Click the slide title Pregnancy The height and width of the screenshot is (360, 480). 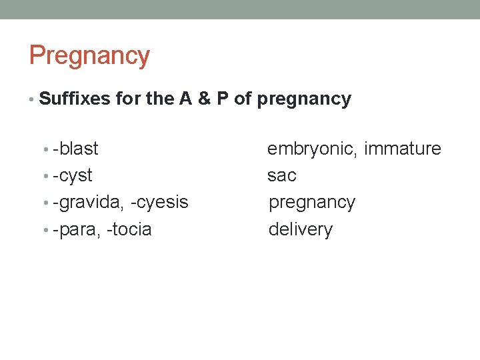89,56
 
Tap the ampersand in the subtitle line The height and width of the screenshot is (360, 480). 205,99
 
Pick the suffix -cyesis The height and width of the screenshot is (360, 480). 160,203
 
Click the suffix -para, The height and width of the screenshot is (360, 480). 77,230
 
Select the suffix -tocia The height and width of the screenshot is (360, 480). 129,230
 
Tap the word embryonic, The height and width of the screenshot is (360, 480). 312,149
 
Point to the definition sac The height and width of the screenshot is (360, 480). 281,176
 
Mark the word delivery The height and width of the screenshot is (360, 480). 300,230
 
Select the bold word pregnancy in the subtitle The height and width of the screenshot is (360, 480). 303,100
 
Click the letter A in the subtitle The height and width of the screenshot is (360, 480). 185,99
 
